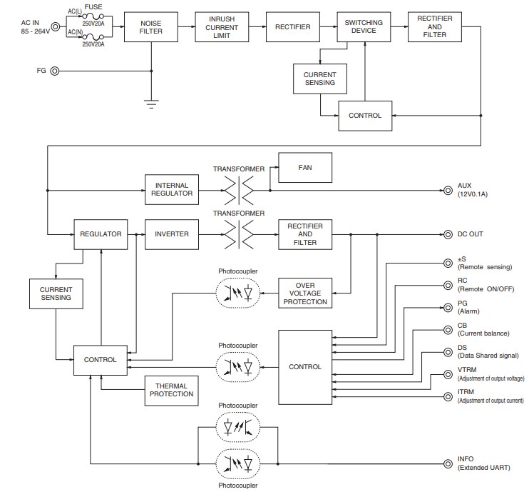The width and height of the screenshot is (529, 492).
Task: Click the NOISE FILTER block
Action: coord(151,27)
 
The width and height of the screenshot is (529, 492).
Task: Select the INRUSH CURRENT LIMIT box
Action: coord(222,27)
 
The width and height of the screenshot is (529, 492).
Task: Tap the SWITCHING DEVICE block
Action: coord(364,27)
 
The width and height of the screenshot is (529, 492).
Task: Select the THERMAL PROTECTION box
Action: coord(171,390)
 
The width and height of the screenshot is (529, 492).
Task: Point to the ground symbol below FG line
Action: coord(151,102)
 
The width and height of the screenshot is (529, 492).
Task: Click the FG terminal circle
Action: coord(55,71)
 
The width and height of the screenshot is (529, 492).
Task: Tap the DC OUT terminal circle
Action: coord(448,234)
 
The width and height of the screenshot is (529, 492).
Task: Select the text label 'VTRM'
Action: coord(468,369)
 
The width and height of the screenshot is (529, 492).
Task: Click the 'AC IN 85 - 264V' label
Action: coord(34,27)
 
